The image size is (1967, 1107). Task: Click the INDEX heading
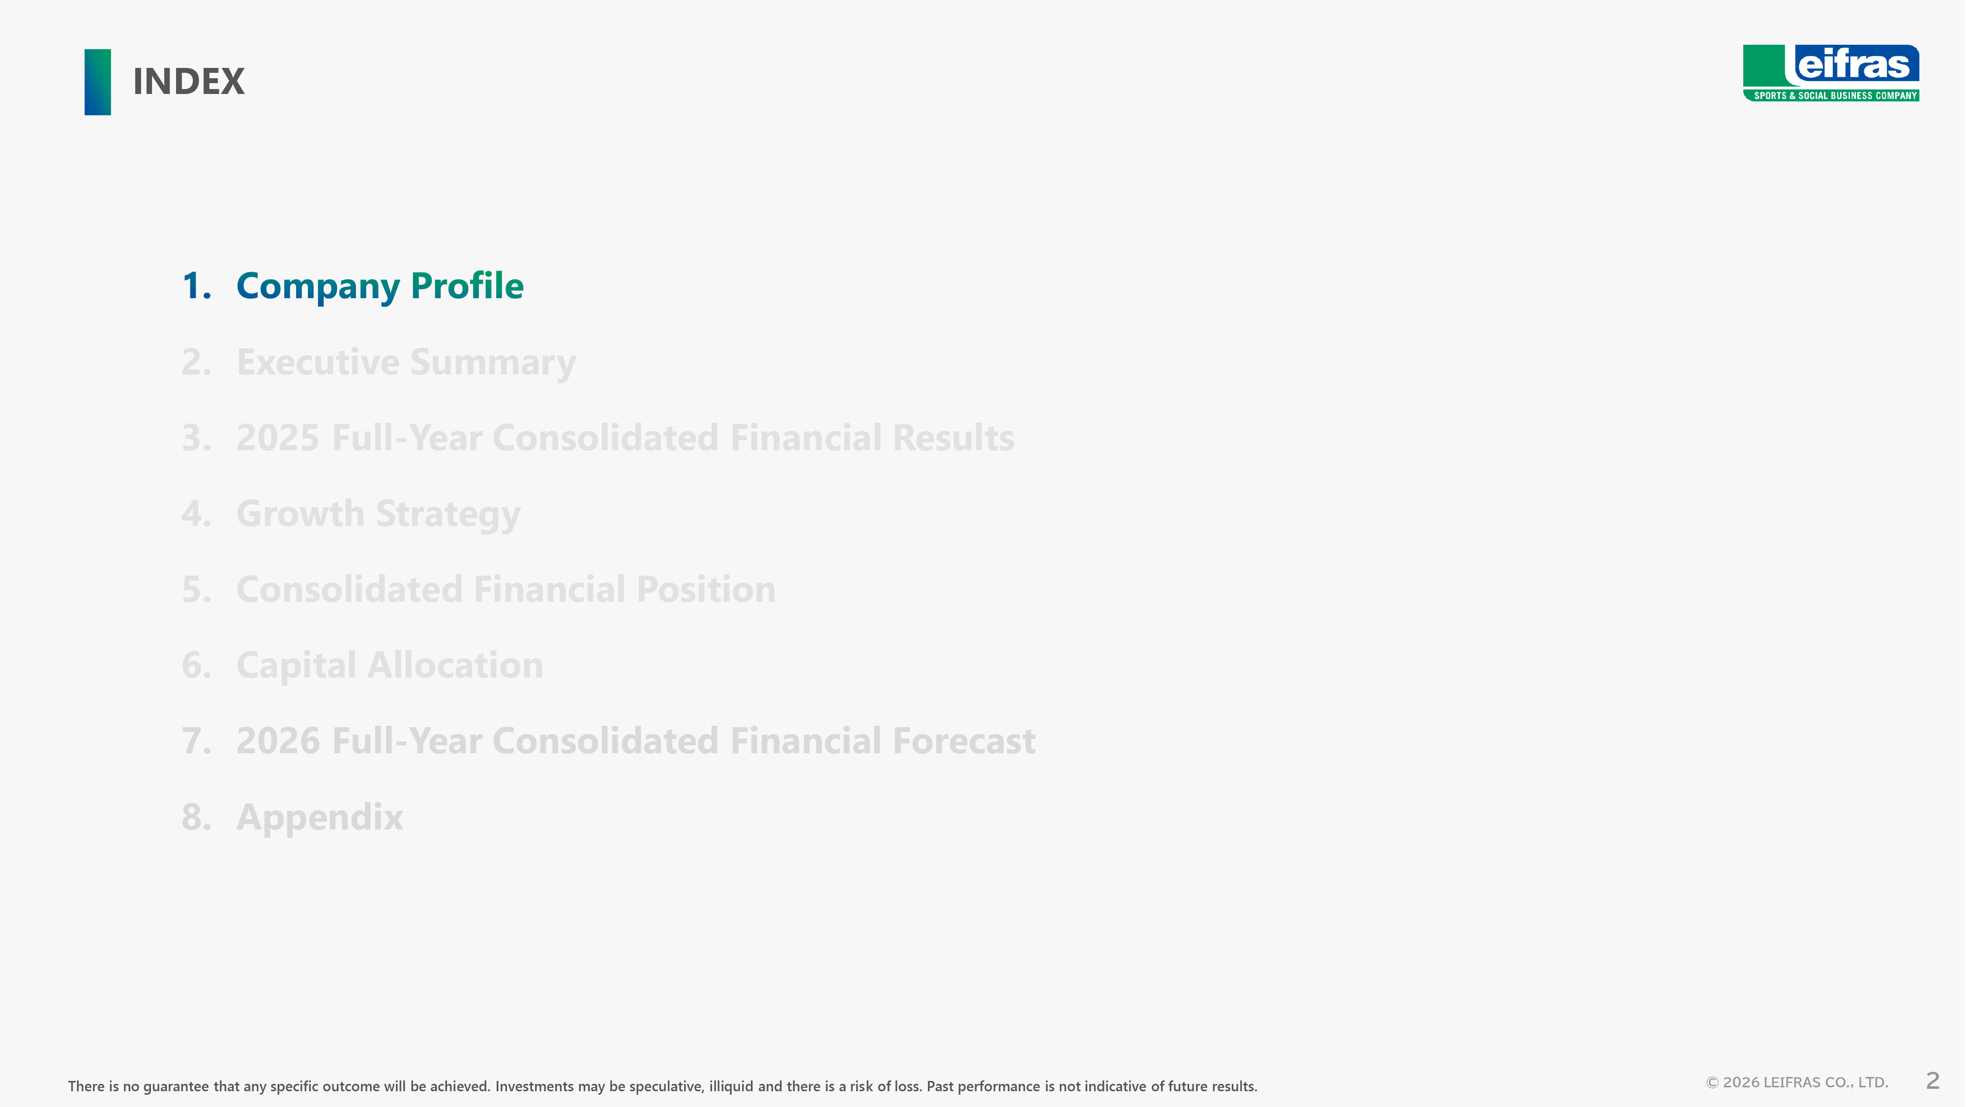[189, 82]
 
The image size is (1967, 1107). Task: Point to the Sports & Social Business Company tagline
[1835, 95]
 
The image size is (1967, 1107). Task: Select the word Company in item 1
[318, 286]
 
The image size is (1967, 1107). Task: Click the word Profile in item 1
[467, 285]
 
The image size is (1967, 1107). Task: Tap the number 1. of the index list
[196, 286]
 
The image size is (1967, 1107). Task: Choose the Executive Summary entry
[406, 362]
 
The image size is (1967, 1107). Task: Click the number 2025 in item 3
[278, 438]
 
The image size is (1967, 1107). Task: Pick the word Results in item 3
[953, 438]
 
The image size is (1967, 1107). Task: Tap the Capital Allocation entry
[389, 665]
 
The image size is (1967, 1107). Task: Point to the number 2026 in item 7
[278, 741]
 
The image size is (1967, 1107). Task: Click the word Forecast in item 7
[964, 741]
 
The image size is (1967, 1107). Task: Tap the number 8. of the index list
[196, 817]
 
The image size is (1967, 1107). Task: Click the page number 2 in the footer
[1933, 1081]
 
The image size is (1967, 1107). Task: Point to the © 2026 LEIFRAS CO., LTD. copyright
[1797, 1082]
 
